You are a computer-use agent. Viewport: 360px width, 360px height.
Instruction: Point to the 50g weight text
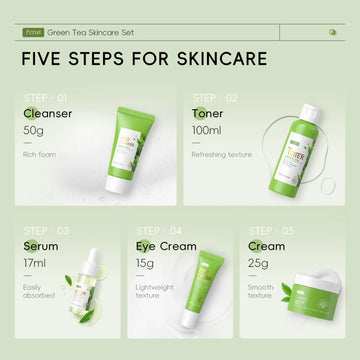coord(36,131)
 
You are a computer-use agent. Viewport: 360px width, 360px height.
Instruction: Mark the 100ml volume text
coord(207,131)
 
